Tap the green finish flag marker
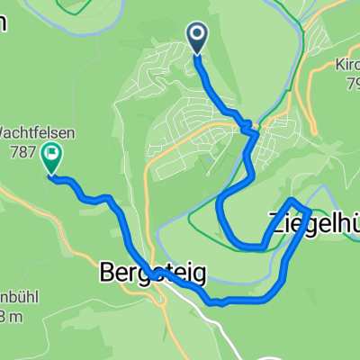pos(50,159)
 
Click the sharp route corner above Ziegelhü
pos(293,199)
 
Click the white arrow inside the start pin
pos(197,34)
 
